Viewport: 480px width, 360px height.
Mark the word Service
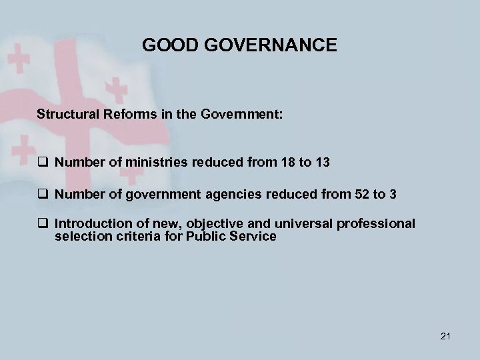pos(252,236)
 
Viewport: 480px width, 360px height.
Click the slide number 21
pos(446,335)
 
